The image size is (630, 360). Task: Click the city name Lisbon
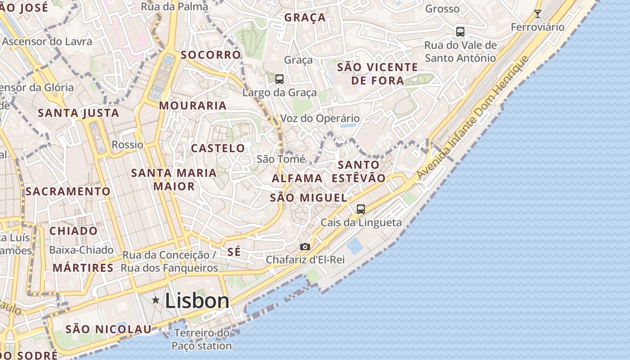click(x=197, y=301)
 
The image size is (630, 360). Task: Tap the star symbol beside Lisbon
click(x=156, y=300)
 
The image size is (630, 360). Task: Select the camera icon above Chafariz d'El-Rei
click(x=305, y=247)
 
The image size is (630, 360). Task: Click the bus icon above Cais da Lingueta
click(x=361, y=209)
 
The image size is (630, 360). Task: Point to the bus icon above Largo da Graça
click(x=279, y=79)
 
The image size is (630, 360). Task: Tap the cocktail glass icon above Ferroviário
click(x=537, y=14)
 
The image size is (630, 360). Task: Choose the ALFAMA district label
click(x=297, y=178)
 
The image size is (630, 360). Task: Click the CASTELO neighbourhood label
click(x=218, y=148)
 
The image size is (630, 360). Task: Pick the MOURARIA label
click(x=193, y=106)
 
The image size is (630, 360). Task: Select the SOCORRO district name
click(x=211, y=55)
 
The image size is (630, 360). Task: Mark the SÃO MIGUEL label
click(x=309, y=198)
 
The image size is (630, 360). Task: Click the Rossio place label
click(x=127, y=145)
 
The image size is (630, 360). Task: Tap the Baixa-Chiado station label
click(x=81, y=250)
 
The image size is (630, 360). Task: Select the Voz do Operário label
click(x=320, y=118)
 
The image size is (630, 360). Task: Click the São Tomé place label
click(x=281, y=159)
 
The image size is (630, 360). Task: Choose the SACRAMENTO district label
click(x=68, y=191)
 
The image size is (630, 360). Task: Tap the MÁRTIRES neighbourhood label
click(x=83, y=268)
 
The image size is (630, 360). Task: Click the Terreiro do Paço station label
click(x=202, y=340)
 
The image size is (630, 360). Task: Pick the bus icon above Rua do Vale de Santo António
click(x=460, y=31)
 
